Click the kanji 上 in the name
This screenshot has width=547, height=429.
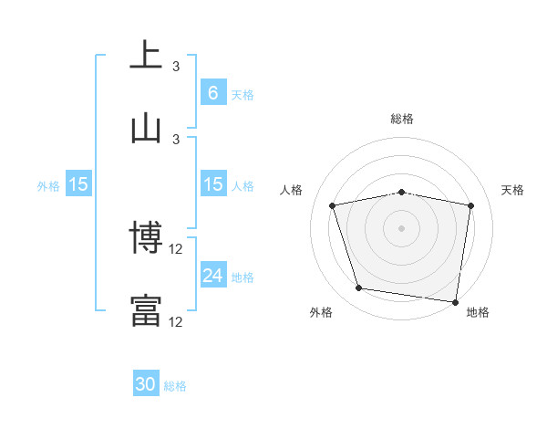[x=146, y=55]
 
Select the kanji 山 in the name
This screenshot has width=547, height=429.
[x=146, y=128]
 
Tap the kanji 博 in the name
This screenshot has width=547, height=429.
[x=146, y=239]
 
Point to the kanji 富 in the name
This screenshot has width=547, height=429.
[x=146, y=310]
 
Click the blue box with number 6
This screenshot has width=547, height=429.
[x=212, y=93]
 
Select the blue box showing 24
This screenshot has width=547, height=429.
[x=212, y=276]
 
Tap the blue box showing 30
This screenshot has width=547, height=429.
[x=146, y=384]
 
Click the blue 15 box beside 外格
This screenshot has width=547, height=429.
[x=78, y=184]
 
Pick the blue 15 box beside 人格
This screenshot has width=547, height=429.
[x=212, y=184]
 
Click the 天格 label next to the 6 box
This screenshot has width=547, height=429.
[x=243, y=94]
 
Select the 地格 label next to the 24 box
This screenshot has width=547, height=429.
[x=243, y=277]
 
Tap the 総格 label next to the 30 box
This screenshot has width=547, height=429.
[x=175, y=385]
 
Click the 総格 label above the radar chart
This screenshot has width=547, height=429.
[x=402, y=119]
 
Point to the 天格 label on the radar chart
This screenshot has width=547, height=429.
[x=513, y=190]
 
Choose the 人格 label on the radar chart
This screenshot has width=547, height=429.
[x=293, y=190]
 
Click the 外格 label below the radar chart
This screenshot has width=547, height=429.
[x=321, y=313]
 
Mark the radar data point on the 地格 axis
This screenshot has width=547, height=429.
[x=456, y=301]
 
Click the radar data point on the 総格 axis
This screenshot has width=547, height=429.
[x=402, y=192]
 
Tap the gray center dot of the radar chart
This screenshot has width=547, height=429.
[x=402, y=228]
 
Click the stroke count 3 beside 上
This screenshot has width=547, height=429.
[x=176, y=67]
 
